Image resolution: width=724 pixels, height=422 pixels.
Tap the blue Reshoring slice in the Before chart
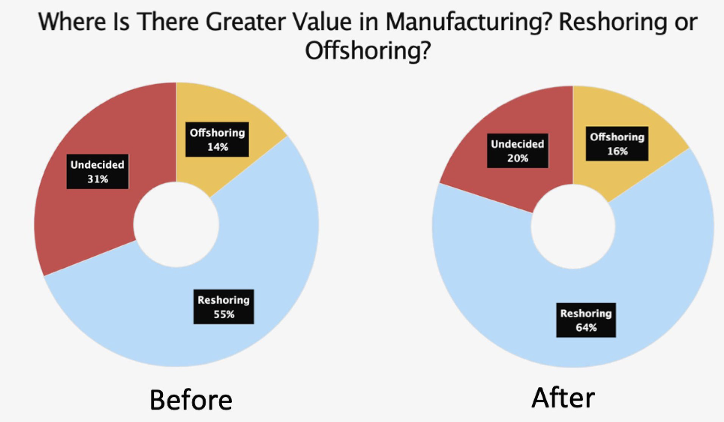coord(252,252)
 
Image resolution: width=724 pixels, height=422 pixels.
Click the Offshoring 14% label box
coord(217,139)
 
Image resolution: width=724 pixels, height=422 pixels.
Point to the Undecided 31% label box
coord(97,171)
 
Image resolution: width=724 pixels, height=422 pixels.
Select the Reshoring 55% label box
coord(224,307)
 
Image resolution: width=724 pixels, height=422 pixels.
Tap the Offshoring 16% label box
coord(617,143)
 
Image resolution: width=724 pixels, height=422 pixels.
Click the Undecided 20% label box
coord(518,151)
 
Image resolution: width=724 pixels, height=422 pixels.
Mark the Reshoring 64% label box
coord(586,320)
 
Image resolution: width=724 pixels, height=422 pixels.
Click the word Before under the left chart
coord(191,399)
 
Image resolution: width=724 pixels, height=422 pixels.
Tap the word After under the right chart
coord(563,398)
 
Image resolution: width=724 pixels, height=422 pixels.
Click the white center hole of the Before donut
coord(176,225)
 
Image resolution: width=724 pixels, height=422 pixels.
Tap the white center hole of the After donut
coord(573,226)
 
